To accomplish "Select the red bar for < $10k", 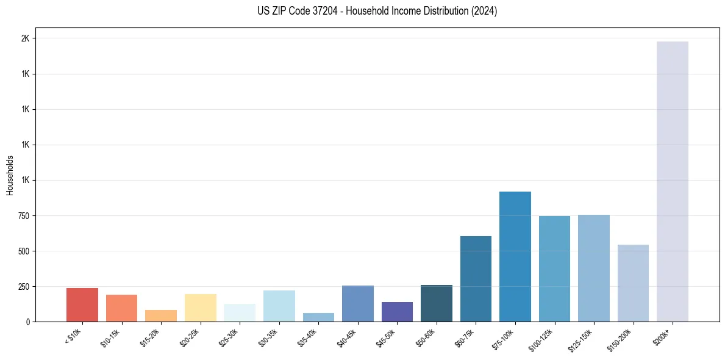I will point(82,304).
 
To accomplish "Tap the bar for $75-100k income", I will point(515,256).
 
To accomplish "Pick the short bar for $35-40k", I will point(318,317).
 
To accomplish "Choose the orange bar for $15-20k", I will point(161,315).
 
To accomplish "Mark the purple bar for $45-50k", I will point(397,312).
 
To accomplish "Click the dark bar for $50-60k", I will point(437,303).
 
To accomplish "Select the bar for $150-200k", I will point(633,283).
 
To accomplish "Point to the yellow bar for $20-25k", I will point(201,308).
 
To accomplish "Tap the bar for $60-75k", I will point(476,278).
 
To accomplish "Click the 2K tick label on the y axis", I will point(25,38).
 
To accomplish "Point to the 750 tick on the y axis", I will point(24,215).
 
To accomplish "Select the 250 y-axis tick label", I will point(24,286).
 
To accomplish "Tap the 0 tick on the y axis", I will point(28,322).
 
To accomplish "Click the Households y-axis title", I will point(10,175).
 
